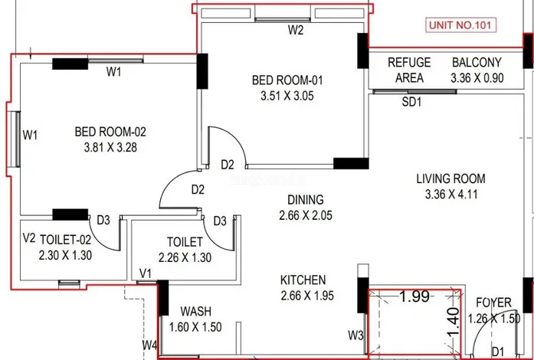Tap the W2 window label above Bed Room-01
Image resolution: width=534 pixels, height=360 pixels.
pos(296,31)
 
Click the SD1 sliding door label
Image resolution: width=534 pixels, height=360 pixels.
pos(413,102)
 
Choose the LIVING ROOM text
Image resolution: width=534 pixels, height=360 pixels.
pos(450,178)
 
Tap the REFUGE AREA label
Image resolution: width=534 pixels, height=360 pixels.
pos(409,70)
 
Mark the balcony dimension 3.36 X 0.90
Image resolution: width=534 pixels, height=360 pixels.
pos(477,77)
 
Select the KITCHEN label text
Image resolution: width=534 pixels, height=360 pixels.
pos(303,280)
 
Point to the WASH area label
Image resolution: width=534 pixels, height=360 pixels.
pos(196,312)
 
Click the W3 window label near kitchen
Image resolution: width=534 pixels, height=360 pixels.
pos(355,335)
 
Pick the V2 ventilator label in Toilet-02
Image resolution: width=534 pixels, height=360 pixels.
pos(29,238)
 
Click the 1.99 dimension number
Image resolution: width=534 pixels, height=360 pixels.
pos(414,297)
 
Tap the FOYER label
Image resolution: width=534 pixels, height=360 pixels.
pos(489,302)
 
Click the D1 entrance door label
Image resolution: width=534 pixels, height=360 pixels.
pos(499,351)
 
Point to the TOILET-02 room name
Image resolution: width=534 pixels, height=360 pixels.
pos(66,239)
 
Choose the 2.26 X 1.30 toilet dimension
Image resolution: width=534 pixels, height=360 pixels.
pos(184,258)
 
